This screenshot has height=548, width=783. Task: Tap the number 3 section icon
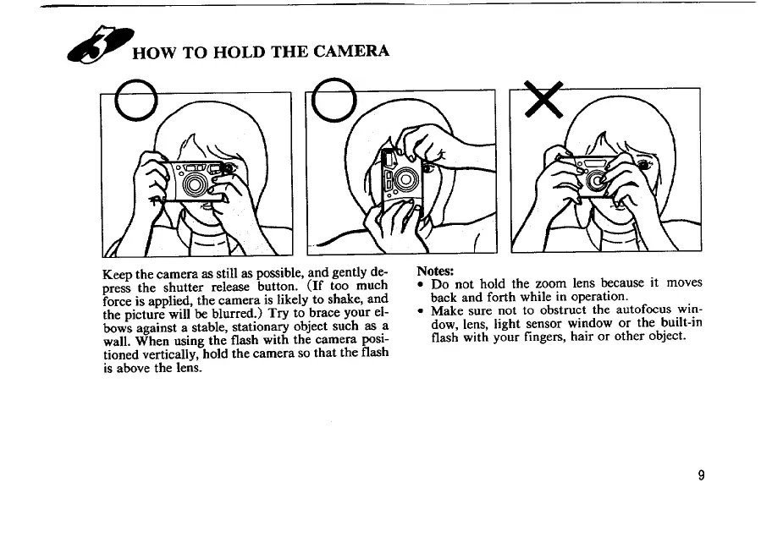(101, 45)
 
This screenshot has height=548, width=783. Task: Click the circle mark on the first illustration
(135, 101)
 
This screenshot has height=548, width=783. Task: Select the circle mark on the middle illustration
(334, 100)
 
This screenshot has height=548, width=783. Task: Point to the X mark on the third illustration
(543, 99)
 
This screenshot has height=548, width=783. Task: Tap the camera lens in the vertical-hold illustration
(405, 179)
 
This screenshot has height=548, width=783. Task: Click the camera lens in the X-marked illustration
(596, 181)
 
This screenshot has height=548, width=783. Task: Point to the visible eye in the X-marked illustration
(643, 164)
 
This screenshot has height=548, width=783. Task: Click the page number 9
(701, 475)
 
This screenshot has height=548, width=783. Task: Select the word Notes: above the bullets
(435, 271)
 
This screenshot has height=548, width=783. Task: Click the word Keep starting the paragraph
(118, 275)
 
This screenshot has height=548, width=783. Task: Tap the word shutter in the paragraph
(184, 288)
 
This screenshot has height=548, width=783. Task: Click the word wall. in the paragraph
(117, 342)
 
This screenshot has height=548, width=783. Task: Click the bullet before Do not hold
(421, 284)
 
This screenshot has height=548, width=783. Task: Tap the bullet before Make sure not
(421, 311)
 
